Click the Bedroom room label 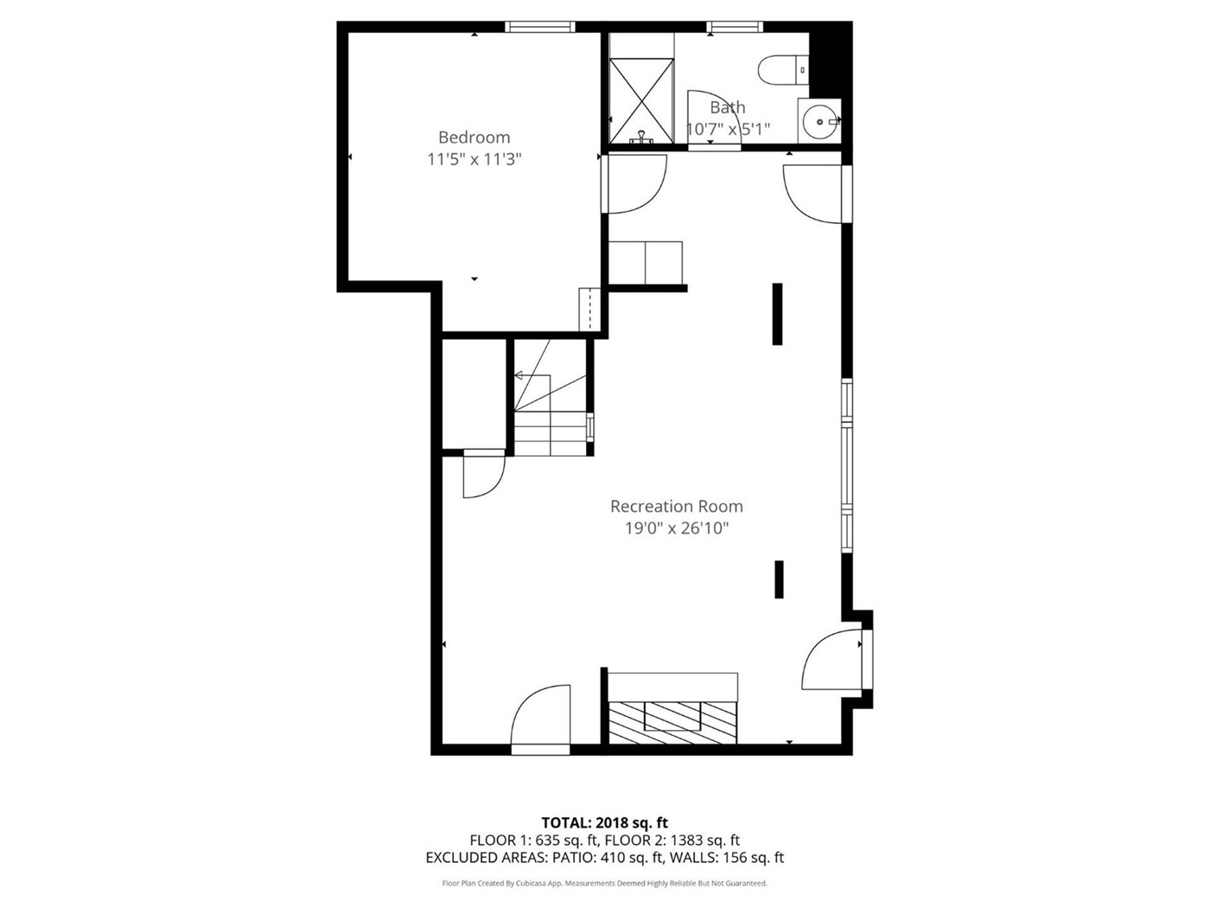pos(474,137)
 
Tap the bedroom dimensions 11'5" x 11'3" pos(474,159)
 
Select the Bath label pos(727,107)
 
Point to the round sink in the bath pos(818,121)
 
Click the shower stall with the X pos(641,101)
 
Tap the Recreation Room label pos(677,506)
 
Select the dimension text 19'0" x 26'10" pos(677,528)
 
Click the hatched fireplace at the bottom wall pos(672,722)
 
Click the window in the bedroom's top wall pos(540,27)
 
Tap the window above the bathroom pos(736,27)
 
